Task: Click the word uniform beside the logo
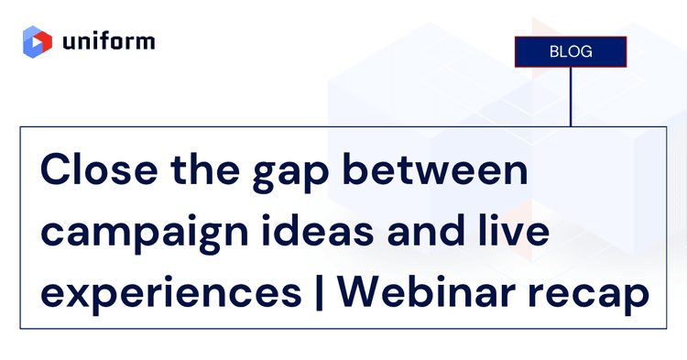point(109,41)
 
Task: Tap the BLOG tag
point(570,51)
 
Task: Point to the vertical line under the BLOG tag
point(570,96)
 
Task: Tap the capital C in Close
point(56,171)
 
